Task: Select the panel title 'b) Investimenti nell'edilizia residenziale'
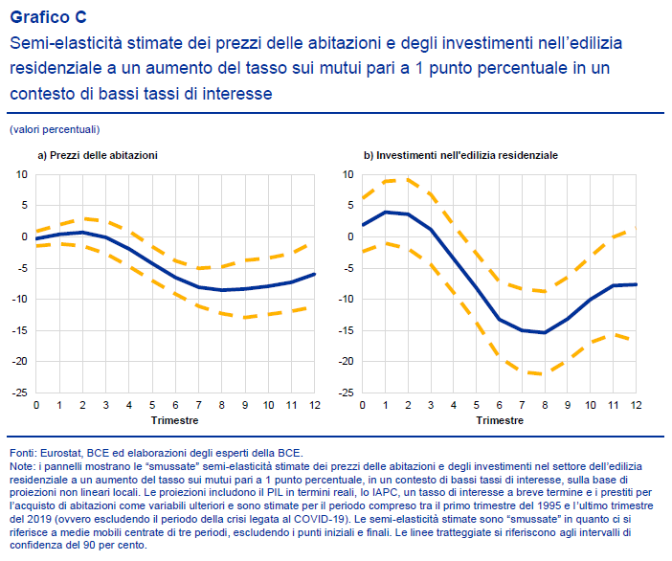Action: coord(460,154)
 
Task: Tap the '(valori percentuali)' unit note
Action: coord(55,128)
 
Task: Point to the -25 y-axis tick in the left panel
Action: coord(20,393)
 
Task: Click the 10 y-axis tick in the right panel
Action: coord(348,174)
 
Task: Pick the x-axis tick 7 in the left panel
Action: coord(199,406)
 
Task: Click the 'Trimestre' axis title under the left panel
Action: coord(175,420)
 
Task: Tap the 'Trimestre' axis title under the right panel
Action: coord(500,420)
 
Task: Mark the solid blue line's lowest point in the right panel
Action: coord(545,332)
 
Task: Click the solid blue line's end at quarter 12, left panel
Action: coord(313,274)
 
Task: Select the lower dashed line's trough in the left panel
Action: coord(245,317)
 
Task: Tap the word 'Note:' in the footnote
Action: coord(21,465)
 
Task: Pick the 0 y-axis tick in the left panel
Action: coord(24,236)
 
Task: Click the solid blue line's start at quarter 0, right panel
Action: coord(363,225)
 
